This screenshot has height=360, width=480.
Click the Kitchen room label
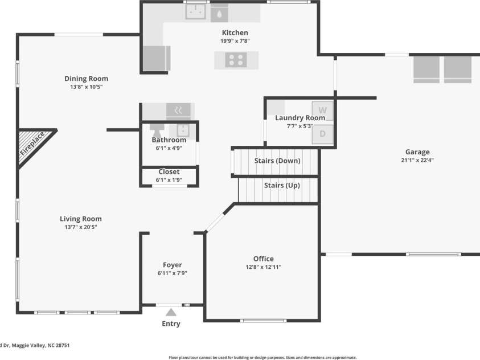click(235, 32)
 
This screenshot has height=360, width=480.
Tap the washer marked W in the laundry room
click(322, 109)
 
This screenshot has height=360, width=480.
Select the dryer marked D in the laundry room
click(322, 134)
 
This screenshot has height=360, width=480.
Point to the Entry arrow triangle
click(171, 312)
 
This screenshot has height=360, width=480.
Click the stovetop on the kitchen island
click(236, 59)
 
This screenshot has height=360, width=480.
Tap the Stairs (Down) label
click(277, 161)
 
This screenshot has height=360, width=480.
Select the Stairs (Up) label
click(281, 185)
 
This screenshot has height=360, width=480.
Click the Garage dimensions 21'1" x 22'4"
click(417, 160)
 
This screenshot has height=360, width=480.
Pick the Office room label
click(263, 259)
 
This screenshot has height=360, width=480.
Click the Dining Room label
click(86, 79)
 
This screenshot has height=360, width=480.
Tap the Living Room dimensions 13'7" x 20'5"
click(81, 227)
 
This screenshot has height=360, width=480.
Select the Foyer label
click(172, 265)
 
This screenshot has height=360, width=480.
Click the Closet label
click(169, 171)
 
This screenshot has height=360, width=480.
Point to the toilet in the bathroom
click(157, 129)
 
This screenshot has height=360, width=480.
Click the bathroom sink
click(183, 129)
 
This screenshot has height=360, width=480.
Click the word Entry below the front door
click(171, 324)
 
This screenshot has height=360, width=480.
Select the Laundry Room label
click(300, 118)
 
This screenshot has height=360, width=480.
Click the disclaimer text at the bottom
click(262, 358)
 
